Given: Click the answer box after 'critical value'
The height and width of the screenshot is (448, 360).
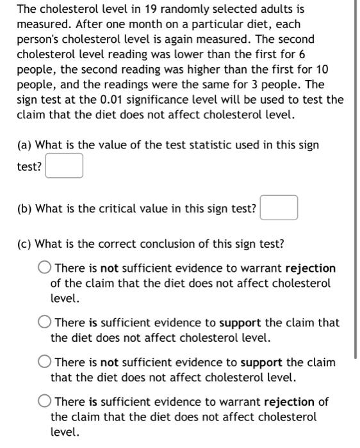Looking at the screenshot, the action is (x=279, y=208).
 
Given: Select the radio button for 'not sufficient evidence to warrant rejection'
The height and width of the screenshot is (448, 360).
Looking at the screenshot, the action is (x=45, y=268).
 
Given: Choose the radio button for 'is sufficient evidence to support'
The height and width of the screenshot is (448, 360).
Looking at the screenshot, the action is (x=45, y=323).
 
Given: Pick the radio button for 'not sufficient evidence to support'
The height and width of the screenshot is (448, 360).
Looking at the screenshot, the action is (x=45, y=363).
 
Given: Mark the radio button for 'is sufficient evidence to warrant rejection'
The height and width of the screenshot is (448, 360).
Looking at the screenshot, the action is (x=45, y=402).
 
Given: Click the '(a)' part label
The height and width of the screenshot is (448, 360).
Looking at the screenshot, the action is (x=24, y=145).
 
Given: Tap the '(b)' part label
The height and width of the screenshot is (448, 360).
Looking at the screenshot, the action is (x=24, y=208).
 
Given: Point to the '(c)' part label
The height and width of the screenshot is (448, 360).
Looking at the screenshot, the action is (x=24, y=244).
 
